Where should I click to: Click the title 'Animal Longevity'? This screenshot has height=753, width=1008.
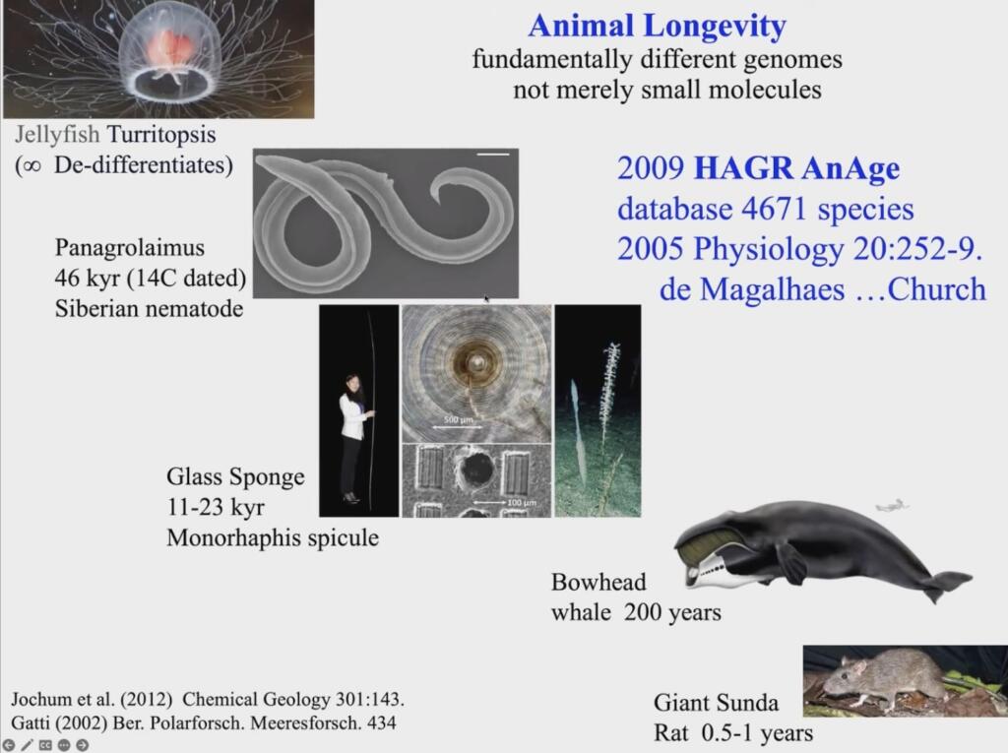(657, 26)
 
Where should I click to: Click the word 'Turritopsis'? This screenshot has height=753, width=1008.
(161, 135)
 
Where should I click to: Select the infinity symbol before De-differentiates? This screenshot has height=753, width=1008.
(29, 166)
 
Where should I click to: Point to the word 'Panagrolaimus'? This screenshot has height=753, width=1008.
(130, 248)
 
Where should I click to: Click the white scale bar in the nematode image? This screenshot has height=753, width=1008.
(493, 154)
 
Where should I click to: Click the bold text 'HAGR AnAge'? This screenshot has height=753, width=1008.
(797, 168)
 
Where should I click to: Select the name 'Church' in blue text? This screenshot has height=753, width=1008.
(936, 289)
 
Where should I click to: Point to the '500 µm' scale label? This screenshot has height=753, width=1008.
(459, 419)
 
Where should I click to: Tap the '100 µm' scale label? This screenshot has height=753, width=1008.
(522, 502)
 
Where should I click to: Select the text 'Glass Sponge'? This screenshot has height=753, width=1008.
(235, 476)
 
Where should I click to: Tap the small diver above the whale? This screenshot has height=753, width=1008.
(892, 505)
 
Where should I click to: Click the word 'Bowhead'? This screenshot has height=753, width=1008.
(598, 582)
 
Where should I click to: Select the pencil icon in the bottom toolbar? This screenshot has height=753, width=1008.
(27, 745)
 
